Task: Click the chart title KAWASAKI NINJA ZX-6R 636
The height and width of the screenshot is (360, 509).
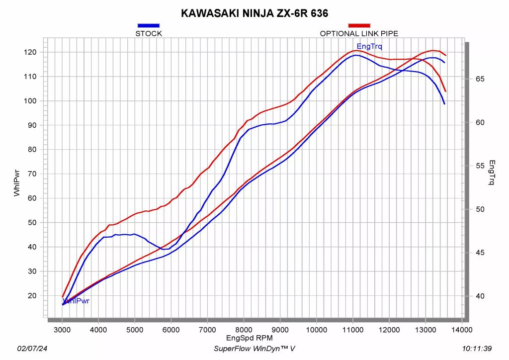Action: pyautogui.click(x=254, y=13)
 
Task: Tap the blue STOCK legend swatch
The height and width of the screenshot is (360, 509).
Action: pyautogui.click(x=149, y=25)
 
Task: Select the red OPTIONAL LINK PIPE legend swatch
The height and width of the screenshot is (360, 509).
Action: pyautogui.click(x=359, y=25)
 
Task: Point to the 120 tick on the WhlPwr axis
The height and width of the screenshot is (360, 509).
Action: pyautogui.click(x=31, y=52)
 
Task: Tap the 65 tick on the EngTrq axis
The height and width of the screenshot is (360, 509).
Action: pyautogui.click(x=480, y=79)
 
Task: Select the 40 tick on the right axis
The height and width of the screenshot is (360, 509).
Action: pyautogui.click(x=480, y=296)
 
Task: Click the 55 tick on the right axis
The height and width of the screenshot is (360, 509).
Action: pyautogui.click(x=480, y=166)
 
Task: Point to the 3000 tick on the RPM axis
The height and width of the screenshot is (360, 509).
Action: pyautogui.click(x=62, y=330)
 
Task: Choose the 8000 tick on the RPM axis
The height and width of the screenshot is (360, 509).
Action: pyautogui.click(x=244, y=330)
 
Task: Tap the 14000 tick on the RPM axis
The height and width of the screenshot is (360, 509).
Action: pyautogui.click(x=462, y=330)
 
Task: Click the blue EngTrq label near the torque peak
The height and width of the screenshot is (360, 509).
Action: pyautogui.click(x=369, y=46)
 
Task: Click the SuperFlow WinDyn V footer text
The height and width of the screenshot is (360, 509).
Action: pyautogui.click(x=254, y=349)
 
